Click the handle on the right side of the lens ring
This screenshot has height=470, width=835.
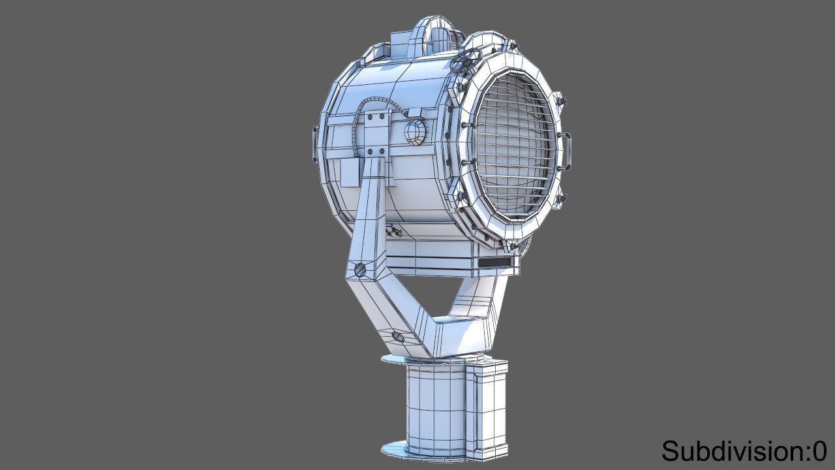tap(565, 149)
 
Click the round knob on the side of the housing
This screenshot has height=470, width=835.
tap(415, 133)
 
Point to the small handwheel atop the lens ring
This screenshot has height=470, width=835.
tap(464, 62)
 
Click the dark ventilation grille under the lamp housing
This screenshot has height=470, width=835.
tap(495, 262)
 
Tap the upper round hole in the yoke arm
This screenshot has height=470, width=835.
tap(359, 270)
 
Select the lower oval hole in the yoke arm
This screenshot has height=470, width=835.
tap(398, 337)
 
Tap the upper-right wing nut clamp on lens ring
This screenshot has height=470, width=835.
tap(560, 101)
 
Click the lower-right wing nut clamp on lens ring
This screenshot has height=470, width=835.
tap(560, 198)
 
